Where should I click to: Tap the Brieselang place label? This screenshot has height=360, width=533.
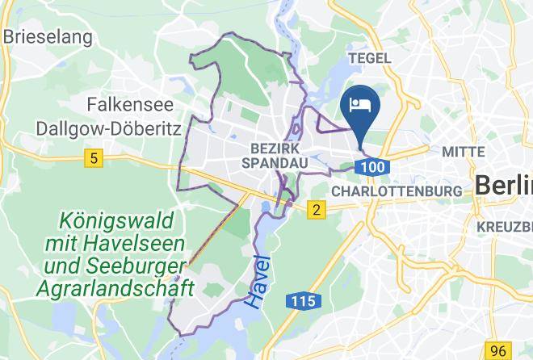point(48,36)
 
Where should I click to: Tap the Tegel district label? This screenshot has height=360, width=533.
point(369,58)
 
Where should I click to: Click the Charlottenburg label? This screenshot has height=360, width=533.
point(397,191)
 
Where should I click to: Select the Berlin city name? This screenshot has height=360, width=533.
point(503,185)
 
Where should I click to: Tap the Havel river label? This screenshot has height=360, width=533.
point(259,279)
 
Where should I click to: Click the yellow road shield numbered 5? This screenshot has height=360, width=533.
point(95,160)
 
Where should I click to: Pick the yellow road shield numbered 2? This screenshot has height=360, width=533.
point(316,211)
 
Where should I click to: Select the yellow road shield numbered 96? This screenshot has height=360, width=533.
point(500,350)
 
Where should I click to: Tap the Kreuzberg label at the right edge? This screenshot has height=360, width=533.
point(505,226)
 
